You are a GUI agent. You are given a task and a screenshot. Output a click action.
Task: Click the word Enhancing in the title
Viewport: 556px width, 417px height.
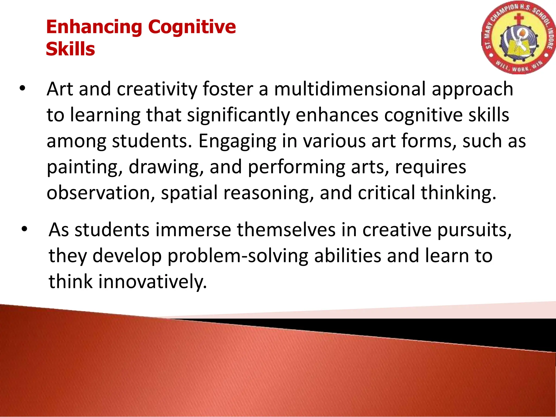[x=94, y=28]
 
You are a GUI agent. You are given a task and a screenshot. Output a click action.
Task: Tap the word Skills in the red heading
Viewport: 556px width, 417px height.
[x=70, y=49]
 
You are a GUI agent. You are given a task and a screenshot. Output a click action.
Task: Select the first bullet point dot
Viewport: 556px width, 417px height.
[x=22, y=88]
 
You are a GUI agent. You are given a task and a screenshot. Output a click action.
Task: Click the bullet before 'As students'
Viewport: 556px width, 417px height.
[x=24, y=229]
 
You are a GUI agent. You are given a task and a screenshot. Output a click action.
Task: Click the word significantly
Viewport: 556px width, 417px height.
[x=238, y=115]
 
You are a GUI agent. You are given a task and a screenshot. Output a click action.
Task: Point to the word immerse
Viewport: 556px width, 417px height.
[x=193, y=230]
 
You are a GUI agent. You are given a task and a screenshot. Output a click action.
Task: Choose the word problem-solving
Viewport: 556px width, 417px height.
[x=238, y=256]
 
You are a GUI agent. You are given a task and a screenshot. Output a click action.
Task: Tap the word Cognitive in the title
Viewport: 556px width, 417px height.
[x=192, y=28]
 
